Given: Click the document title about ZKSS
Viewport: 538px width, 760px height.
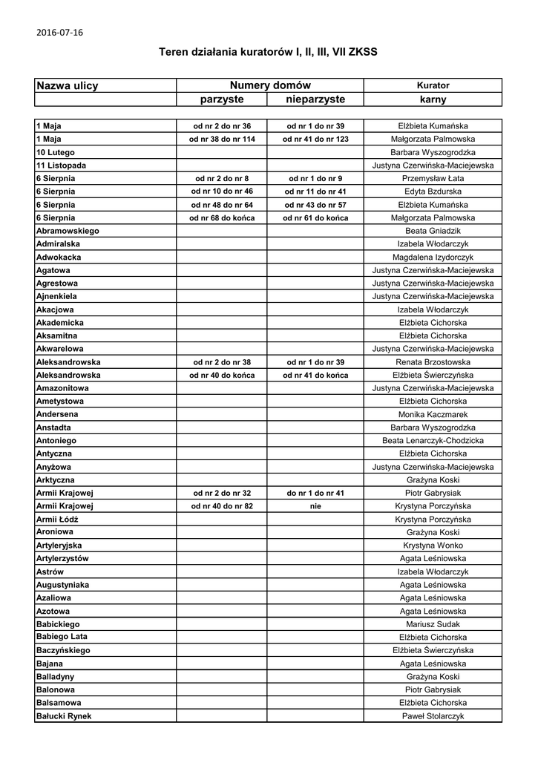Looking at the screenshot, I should (x=268, y=52).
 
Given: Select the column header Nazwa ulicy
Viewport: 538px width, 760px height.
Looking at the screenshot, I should (x=68, y=86).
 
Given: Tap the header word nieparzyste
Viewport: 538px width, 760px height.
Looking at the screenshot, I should (x=315, y=99).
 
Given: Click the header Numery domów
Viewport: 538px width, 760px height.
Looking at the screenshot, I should (x=270, y=86).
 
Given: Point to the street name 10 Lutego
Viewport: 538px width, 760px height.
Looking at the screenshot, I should (x=56, y=152).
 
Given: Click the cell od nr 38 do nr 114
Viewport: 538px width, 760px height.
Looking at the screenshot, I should (x=222, y=140).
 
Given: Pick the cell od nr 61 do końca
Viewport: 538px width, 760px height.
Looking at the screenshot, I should (x=315, y=218).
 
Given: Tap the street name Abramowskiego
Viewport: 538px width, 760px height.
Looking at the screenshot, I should (x=68, y=231).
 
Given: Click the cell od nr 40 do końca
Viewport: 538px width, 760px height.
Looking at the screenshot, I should (x=222, y=375).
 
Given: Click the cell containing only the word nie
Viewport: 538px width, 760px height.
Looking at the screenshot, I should (x=315, y=506).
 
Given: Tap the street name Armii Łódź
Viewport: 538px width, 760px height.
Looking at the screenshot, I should (x=57, y=520).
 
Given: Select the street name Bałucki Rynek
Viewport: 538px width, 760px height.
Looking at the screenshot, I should (x=64, y=716).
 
